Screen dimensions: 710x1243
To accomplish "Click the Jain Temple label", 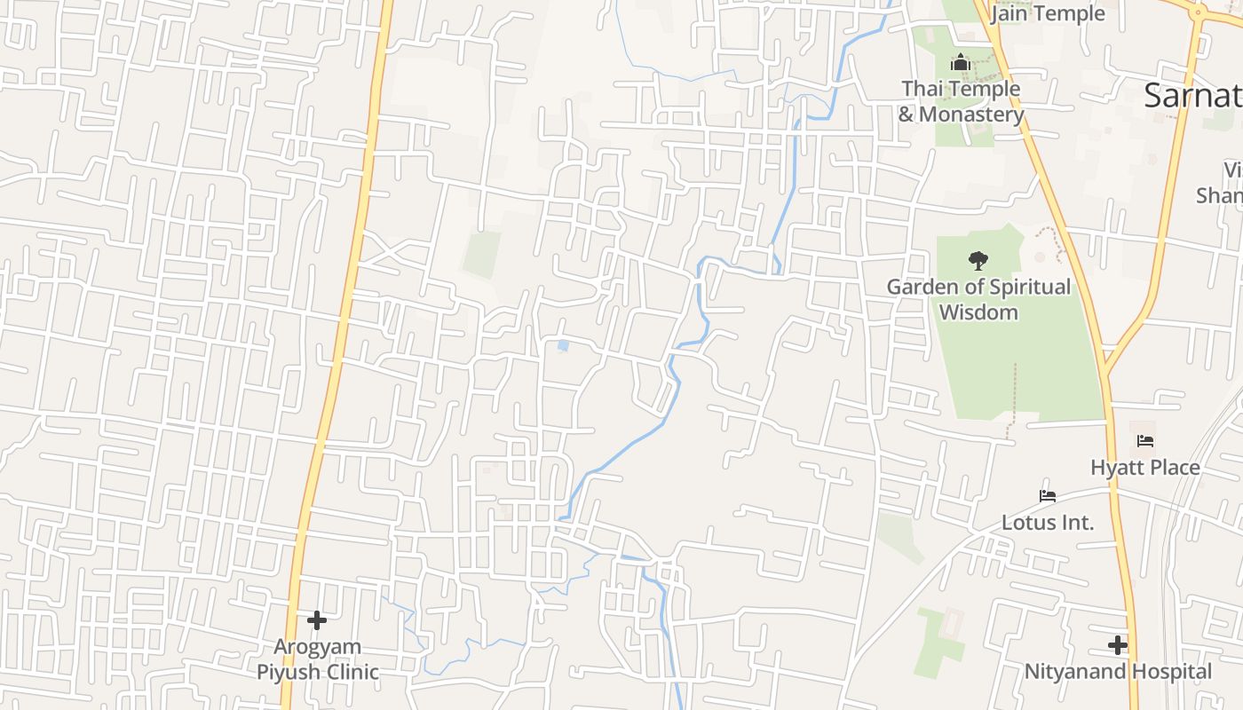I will pyautogui.click(x=1048, y=13).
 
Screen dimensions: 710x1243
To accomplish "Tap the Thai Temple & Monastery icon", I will pyautogui.click(x=960, y=63).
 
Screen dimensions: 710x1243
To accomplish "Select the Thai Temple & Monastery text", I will pyautogui.click(x=961, y=101).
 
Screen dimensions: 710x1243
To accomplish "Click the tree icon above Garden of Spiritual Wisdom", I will pyautogui.click(x=978, y=261).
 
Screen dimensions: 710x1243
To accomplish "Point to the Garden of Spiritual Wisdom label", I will pyautogui.click(x=978, y=299).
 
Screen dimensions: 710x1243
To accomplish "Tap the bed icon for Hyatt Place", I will pyautogui.click(x=1145, y=441).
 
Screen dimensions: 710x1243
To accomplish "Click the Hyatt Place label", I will pyautogui.click(x=1145, y=467).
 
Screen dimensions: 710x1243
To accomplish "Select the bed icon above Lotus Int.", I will pyautogui.click(x=1048, y=496).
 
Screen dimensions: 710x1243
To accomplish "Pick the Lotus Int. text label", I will pyautogui.click(x=1048, y=522).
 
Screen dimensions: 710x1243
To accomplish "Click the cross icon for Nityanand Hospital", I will pyautogui.click(x=1118, y=645).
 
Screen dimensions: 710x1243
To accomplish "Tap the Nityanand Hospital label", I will pyautogui.click(x=1118, y=671).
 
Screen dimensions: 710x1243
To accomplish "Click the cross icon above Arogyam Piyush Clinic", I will pyautogui.click(x=317, y=620).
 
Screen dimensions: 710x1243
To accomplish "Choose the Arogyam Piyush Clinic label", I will pyautogui.click(x=318, y=659).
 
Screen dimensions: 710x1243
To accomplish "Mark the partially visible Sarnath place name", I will pyautogui.click(x=1192, y=95).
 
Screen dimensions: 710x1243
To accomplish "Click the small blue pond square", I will pyautogui.click(x=563, y=345).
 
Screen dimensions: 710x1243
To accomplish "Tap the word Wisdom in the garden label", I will pyautogui.click(x=978, y=312).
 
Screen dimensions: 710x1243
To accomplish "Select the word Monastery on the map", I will pyautogui.click(x=971, y=114).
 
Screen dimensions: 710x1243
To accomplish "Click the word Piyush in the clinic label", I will pyautogui.click(x=287, y=672).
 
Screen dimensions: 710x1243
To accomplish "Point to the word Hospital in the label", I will pyautogui.click(x=1168, y=671).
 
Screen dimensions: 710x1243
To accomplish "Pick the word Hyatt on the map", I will pyautogui.click(x=1117, y=467).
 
